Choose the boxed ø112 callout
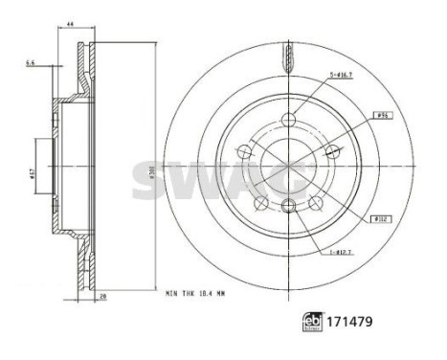point(380,218)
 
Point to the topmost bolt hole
point(288,120)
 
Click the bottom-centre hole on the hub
point(288,204)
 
